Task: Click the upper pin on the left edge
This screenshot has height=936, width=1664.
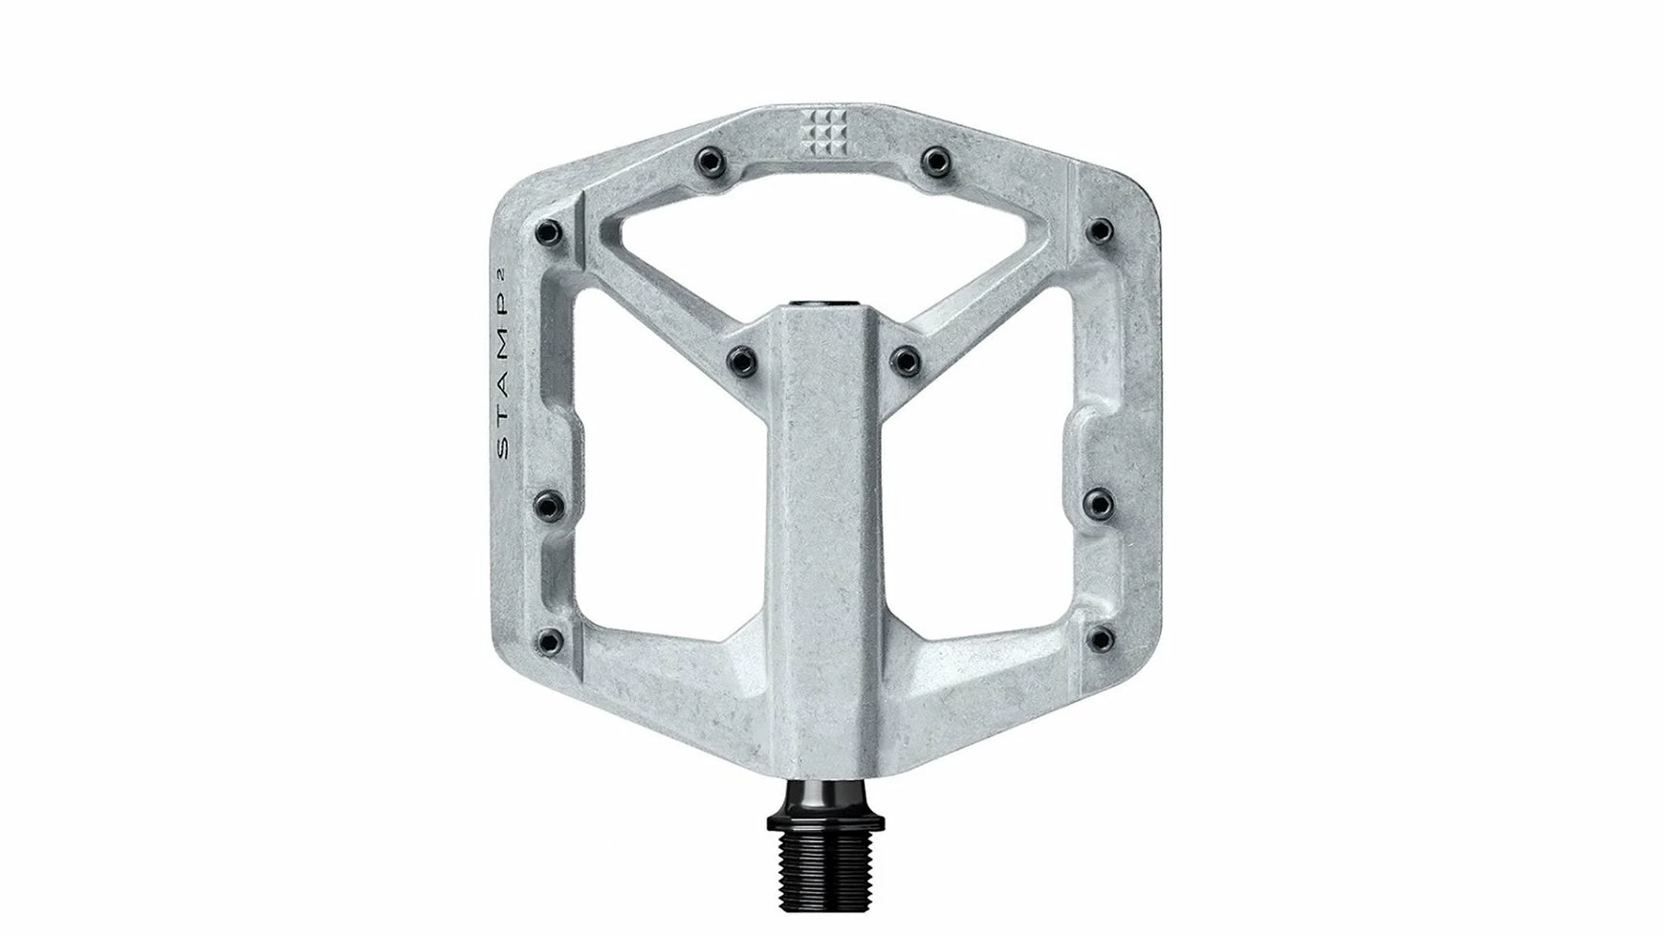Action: click(549, 230)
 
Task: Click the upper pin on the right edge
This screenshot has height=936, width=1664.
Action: click(1102, 230)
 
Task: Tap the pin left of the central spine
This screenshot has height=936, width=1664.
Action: click(742, 360)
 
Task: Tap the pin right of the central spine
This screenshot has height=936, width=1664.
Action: click(905, 360)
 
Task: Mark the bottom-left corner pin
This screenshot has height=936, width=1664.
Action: click(549, 637)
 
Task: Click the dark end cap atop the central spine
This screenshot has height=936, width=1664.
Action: click(825, 306)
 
